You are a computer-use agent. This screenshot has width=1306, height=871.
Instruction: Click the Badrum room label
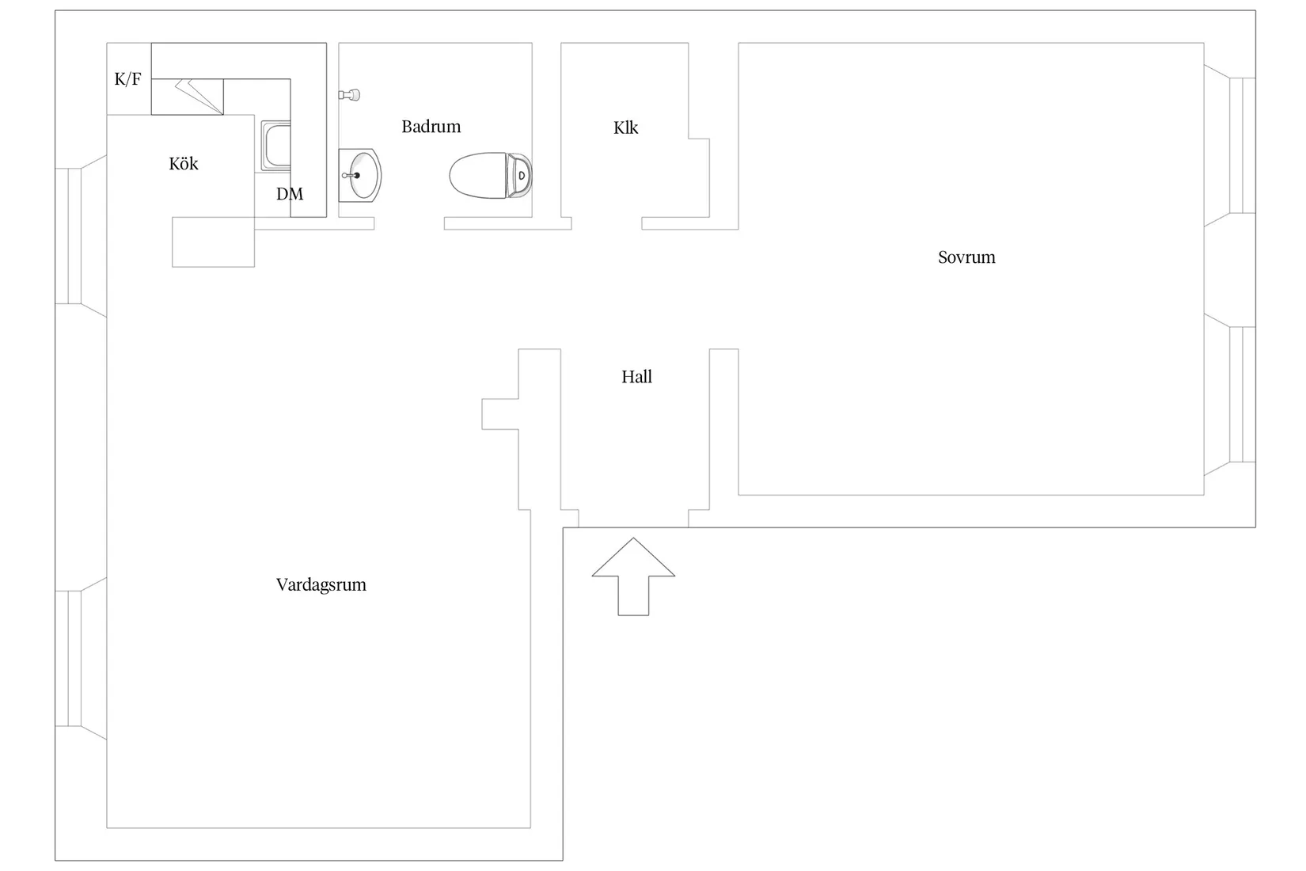pos(431,127)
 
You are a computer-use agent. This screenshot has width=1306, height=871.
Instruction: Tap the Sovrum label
pos(966,257)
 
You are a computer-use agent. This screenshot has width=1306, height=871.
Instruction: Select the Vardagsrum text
pos(321,584)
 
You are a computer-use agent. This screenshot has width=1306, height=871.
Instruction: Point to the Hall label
pos(636,377)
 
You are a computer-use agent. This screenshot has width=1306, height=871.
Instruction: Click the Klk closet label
pos(625,127)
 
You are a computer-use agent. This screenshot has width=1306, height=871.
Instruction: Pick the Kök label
pos(184,163)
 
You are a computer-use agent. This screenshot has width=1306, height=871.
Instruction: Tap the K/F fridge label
pos(127,78)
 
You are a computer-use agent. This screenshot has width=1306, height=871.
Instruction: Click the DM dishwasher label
pos(290,194)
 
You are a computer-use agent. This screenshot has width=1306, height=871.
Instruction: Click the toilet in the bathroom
pos(490,176)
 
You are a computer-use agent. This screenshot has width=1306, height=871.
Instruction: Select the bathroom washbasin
pos(360,175)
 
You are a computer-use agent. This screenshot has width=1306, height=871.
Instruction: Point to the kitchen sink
pos(275,146)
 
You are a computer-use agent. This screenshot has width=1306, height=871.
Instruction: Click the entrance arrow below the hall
pos(633,576)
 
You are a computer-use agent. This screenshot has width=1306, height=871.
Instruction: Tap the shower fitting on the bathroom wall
pos(349,94)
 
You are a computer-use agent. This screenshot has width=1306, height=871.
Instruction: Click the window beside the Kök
pos(81,236)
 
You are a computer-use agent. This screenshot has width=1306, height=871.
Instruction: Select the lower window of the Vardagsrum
pos(81,659)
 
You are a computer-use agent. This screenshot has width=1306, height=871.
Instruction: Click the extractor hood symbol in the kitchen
pos(199,97)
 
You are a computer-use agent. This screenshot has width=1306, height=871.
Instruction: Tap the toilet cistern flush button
pos(522,176)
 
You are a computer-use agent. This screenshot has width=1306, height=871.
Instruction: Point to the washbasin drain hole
pos(357,175)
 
